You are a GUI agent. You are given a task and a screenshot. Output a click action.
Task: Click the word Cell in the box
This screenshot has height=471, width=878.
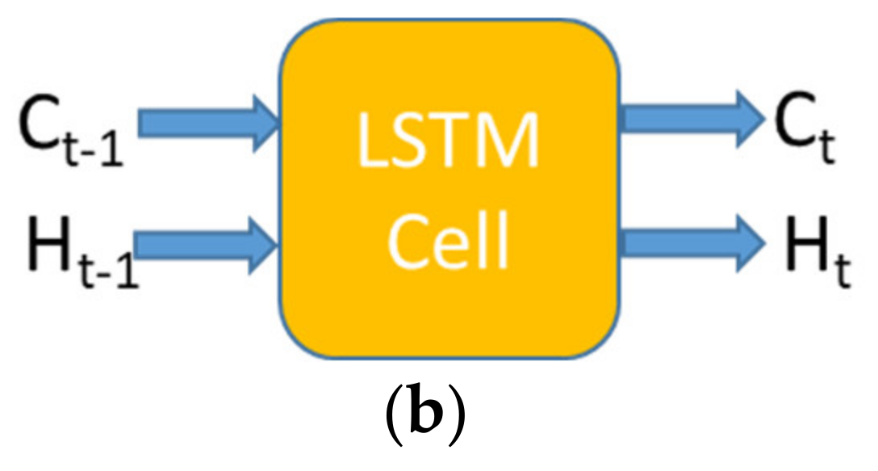click(449, 240)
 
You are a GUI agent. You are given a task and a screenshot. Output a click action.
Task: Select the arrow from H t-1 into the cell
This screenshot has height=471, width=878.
click(207, 240)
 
